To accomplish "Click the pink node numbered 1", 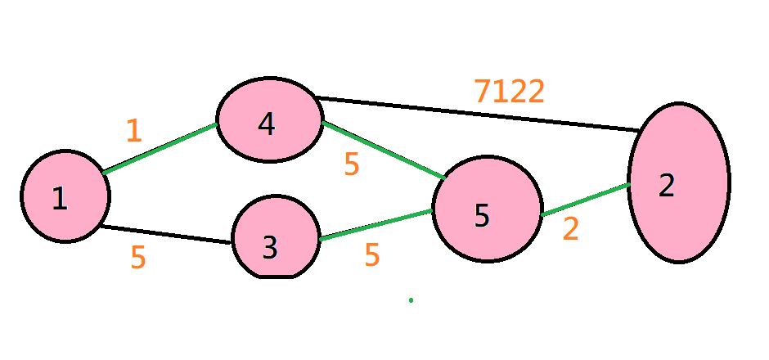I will (x=65, y=196).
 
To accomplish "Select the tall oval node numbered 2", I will (x=678, y=183).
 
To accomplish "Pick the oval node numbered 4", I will (x=268, y=121).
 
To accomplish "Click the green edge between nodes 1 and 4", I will (x=160, y=148).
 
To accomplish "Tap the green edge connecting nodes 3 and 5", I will (x=376, y=225).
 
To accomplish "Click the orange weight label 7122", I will (x=509, y=92).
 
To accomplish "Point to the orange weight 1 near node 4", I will (x=134, y=131).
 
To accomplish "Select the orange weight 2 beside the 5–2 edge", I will (x=570, y=229).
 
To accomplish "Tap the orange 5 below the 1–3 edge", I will (x=138, y=258).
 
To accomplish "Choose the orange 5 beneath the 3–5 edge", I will (x=372, y=255).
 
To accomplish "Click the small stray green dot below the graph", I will (x=411, y=300).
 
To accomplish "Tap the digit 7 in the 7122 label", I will (x=483, y=92).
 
